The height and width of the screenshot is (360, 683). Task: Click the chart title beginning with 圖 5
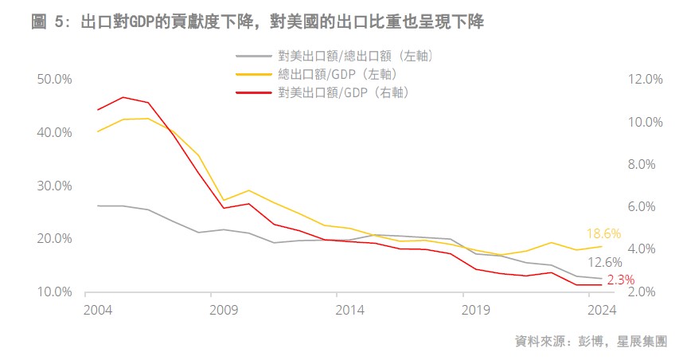tap(257, 22)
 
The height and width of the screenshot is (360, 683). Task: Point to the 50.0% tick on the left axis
tap(55, 80)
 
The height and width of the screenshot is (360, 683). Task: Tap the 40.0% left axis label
tap(55, 132)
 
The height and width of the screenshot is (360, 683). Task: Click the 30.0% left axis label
tap(55, 186)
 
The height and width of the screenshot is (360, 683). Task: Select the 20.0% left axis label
tap(55, 239)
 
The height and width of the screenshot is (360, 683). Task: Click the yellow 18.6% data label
tap(603, 234)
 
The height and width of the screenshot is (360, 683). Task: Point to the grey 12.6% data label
tap(604, 263)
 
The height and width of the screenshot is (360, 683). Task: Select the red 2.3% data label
tap(620, 280)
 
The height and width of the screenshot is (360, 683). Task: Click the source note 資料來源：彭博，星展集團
tap(591, 342)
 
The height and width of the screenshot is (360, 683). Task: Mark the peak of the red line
tap(123, 97)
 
